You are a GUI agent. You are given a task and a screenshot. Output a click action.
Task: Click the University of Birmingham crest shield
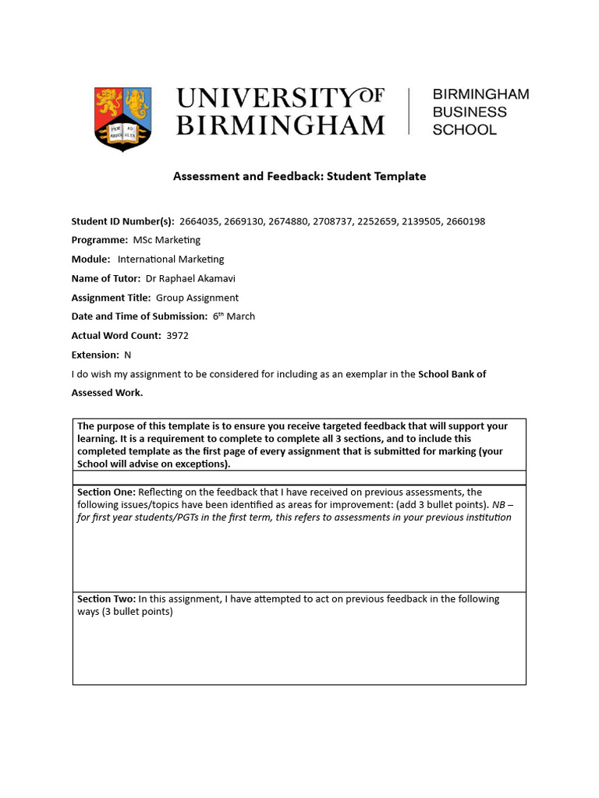pos(122,118)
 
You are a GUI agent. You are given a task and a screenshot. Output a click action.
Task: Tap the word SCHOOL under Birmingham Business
pos(464,130)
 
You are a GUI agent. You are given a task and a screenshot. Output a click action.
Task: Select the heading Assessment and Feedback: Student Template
pos(299,176)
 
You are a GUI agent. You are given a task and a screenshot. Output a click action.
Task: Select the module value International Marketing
pos(171,260)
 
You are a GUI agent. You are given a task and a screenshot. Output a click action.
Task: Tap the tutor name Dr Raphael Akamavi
pos(191,278)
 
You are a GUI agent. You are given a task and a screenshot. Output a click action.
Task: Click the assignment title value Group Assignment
pos(197,298)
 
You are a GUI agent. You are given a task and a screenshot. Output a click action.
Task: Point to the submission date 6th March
pos(234,316)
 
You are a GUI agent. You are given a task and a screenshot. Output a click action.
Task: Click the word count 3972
pos(178,336)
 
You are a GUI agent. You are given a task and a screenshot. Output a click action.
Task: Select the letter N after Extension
pos(128,355)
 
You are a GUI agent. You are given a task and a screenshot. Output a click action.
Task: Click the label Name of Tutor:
pos(106,278)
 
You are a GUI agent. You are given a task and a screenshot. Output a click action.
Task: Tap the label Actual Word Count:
pos(116,336)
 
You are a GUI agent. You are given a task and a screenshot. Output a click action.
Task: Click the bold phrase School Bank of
pos(452,374)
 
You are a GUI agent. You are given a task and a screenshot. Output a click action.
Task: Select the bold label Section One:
pos(105,493)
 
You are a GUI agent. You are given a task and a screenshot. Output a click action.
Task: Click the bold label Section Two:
pos(106,599)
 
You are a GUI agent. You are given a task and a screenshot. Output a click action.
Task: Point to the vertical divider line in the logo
pos(409,112)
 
